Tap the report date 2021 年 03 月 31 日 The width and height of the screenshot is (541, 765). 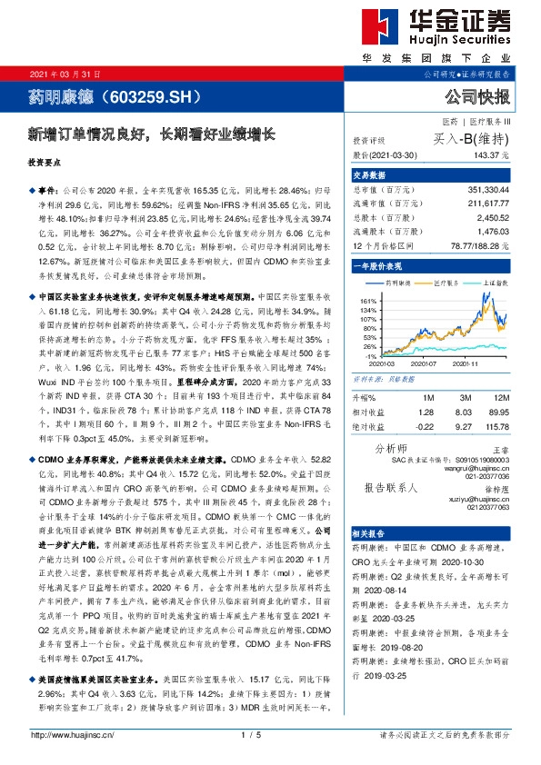pyautogui.click(x=65, y=74)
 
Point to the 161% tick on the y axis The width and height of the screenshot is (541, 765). pyautogui.click(x=368, y=300)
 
